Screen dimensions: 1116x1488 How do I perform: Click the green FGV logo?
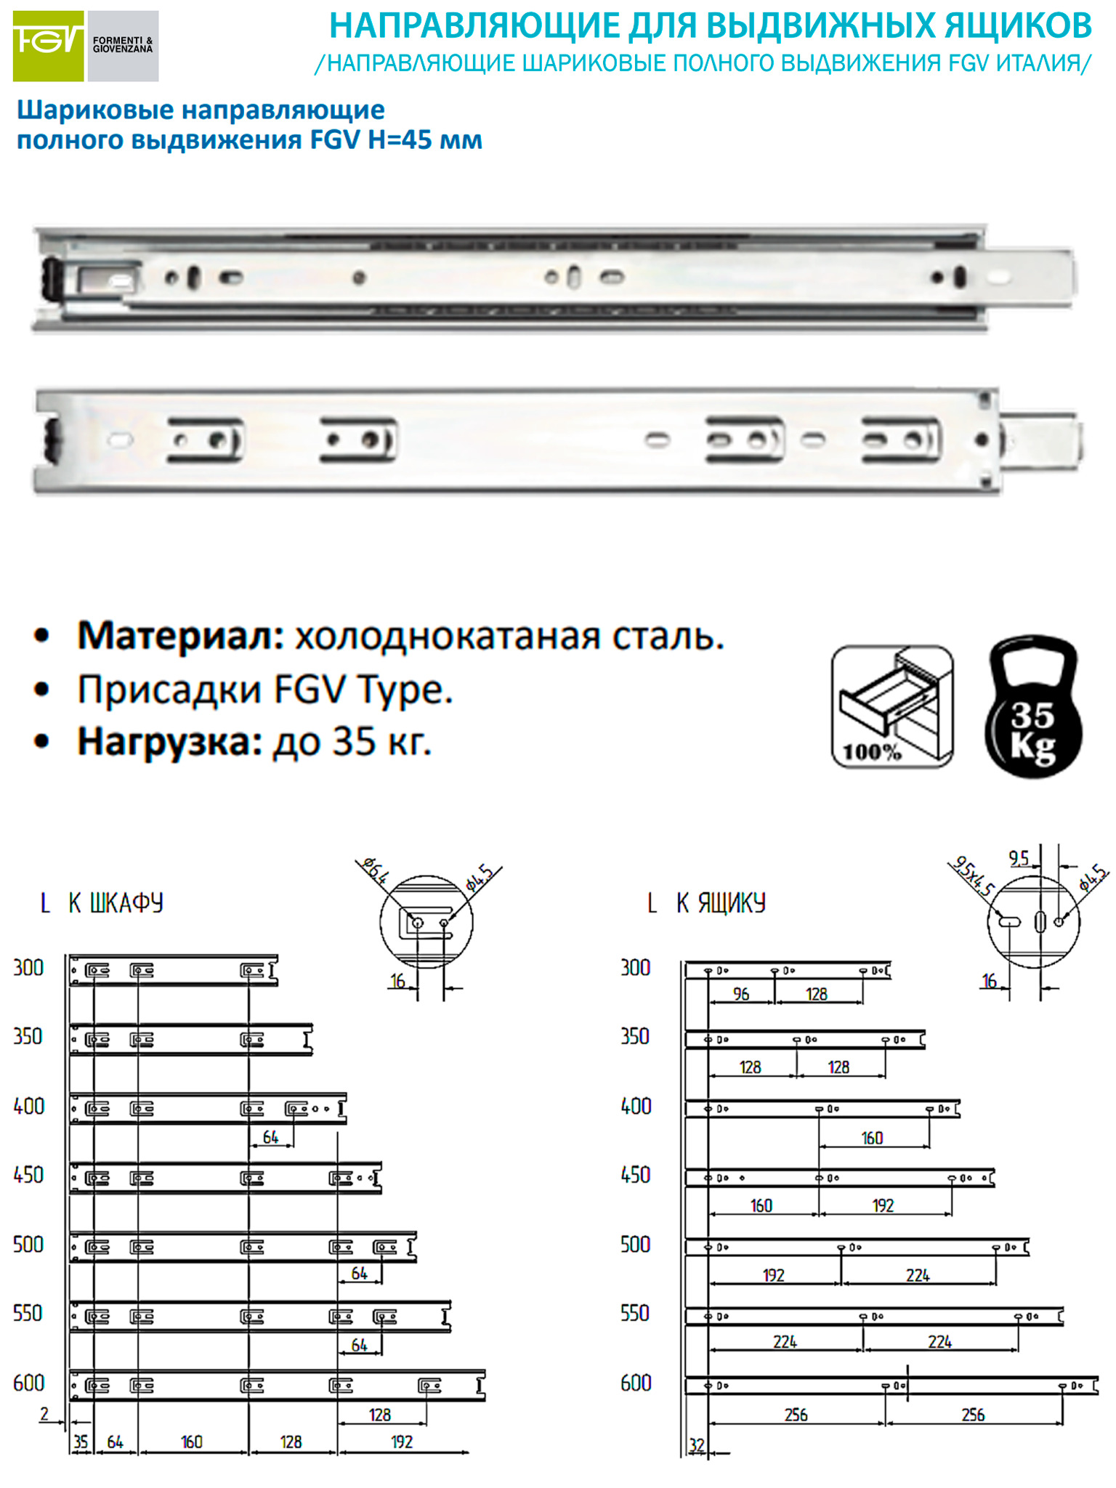point(48,46)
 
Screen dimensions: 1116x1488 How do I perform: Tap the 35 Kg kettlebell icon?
point(1033,705)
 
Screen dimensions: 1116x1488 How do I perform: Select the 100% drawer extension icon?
point(892,706)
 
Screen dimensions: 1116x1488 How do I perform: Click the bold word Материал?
point(181,636)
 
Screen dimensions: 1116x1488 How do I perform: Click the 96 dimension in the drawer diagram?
point(741,994)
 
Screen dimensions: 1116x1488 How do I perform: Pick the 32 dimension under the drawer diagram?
point(697,1446)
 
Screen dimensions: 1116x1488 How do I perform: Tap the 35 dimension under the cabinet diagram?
point(81,1442)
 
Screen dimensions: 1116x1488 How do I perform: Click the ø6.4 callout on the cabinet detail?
point(375,870)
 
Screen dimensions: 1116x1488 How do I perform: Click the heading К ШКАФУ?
point(116,903)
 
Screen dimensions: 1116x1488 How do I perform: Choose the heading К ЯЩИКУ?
point(721,903)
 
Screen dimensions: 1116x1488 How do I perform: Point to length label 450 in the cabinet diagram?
point(28,1175)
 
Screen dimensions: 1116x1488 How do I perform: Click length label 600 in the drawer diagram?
point(636,1383)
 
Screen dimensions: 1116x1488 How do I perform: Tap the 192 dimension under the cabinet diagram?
point(402,1442)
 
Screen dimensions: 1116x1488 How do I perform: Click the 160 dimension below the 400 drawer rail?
point(872,1138)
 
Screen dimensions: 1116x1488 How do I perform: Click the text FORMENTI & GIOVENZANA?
point(123,45)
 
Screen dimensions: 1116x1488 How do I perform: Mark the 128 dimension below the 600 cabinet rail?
point(379,1415)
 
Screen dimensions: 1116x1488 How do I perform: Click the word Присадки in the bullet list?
point(170,690)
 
